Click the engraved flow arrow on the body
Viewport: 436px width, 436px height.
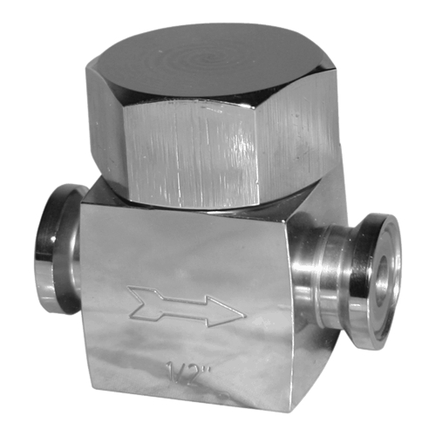coord(186,307)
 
